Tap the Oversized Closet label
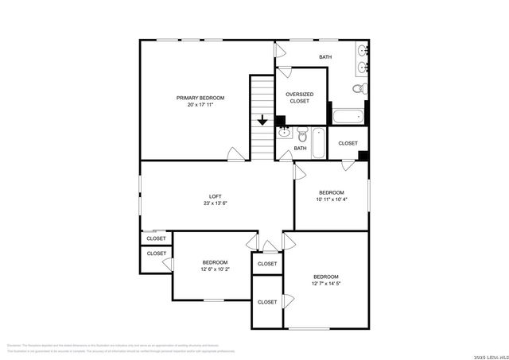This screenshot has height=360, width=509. pyautogui.click(x=300, y=94)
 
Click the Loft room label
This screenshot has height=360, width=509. pyautogui.click(x=216, y=196)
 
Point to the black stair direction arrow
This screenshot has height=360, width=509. pyautogui.click(x=263, y=122)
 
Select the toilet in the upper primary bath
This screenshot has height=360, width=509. pyautogui.click(x=359, y=88)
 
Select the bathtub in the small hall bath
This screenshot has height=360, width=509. pyautogui.click(x=317, y=141)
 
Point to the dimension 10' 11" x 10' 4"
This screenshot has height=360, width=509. pyautogui.click(x=332, y=200)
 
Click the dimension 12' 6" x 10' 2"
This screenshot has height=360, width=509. pyautogui.click(x=215, y=269)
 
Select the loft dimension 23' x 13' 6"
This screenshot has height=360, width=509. pyautogui.click(x=216, y=203)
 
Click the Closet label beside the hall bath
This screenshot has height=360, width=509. pyautogui.click(x=348, y=143)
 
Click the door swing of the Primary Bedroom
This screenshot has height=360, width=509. pyautogui.click(x=235, y=153)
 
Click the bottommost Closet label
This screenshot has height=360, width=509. pyautogui.click(x=267, y=302)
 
